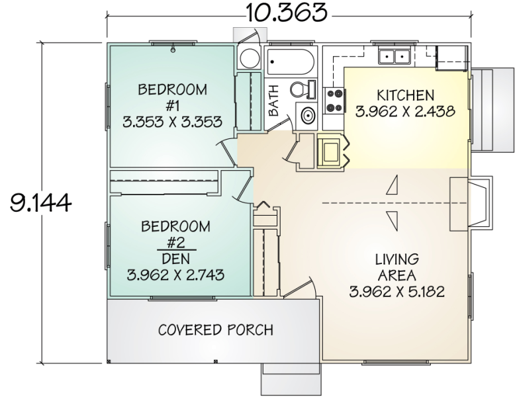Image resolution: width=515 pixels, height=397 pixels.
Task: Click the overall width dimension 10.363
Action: point(287,13)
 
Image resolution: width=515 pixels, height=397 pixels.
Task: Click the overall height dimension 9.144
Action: point(40,202)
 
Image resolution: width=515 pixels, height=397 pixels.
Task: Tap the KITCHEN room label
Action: point(405,95)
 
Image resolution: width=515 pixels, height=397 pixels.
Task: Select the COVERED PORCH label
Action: point(215,330)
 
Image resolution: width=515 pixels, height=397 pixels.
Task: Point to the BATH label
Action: point(273,100)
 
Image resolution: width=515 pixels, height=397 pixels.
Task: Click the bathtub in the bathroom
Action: point(291,62)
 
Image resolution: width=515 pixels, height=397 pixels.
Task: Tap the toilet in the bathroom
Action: point(303,89)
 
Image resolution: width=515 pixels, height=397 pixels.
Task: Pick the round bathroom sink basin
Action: point(308,116)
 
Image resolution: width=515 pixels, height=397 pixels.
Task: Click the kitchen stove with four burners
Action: point(334,101)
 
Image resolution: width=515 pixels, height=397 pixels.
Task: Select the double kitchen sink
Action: point(395,56)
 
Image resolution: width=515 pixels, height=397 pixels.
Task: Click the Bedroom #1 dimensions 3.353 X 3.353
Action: point(172,122)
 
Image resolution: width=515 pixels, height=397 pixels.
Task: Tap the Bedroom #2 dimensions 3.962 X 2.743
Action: point(175,275)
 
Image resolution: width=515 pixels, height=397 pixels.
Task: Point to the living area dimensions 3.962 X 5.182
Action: point(397,291)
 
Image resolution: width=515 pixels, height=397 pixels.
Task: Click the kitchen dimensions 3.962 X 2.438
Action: point(405,111)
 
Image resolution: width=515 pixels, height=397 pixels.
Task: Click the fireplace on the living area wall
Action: point(471,204)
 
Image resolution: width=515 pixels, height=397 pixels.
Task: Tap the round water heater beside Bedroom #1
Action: point(250,58)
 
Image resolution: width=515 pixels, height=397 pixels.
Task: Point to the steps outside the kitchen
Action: point(492,110)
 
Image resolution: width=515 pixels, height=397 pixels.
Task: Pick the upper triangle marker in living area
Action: point(393,185)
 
